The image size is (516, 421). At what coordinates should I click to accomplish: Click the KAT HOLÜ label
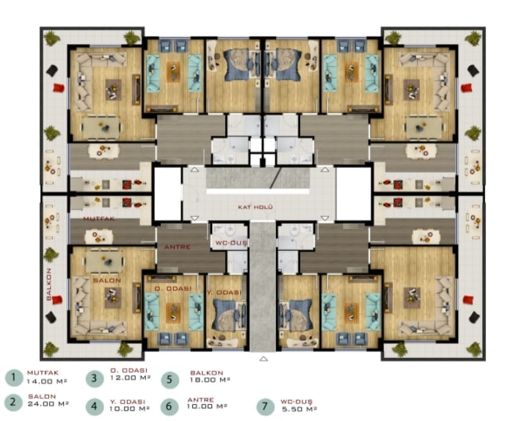255,208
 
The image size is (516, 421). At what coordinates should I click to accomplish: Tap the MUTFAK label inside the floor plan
99,219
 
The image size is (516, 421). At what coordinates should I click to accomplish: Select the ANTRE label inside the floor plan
178,246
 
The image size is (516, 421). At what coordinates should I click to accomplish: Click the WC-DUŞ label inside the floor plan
231,243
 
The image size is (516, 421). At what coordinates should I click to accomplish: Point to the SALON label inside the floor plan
107,281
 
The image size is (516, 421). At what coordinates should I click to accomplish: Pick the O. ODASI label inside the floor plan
173,288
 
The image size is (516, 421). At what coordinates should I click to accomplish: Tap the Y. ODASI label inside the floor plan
224,292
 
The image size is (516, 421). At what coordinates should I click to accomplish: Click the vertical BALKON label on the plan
49,284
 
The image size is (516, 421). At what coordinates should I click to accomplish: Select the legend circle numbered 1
13,377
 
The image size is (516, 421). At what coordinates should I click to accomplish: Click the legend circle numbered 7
265,406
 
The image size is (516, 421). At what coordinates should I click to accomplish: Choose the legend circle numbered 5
170,379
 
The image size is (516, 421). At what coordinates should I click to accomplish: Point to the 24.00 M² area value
48,403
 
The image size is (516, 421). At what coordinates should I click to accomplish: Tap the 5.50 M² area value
299,409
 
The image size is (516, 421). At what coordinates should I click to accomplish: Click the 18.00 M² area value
210,380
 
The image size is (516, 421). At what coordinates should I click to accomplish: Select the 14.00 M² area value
47,381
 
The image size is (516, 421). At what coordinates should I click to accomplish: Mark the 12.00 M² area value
131,378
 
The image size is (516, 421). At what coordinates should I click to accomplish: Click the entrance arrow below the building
264,359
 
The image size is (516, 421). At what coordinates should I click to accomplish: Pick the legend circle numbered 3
95,378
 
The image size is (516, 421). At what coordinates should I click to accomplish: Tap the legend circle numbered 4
95,406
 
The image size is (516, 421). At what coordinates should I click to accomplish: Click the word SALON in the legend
42,397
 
